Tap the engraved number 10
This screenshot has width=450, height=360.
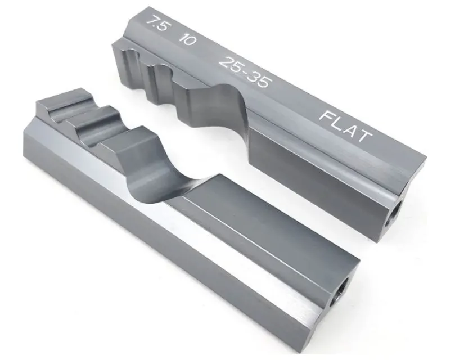(187, 39)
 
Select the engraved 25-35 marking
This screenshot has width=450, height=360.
(245, 72)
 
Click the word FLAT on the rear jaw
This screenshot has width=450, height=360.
(345, 127)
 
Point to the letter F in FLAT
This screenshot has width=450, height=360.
(327, 116)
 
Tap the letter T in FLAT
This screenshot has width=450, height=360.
(363, 136)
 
